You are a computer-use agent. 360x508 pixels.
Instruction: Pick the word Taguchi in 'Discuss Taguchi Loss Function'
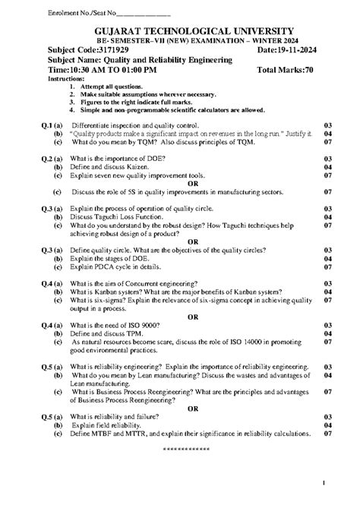coord(106,216)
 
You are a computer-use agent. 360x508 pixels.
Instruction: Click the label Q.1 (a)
coord(51,125)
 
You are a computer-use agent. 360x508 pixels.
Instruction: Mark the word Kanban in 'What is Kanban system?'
coord(108,291)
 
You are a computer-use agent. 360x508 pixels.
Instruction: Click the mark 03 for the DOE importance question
coord(327,159)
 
